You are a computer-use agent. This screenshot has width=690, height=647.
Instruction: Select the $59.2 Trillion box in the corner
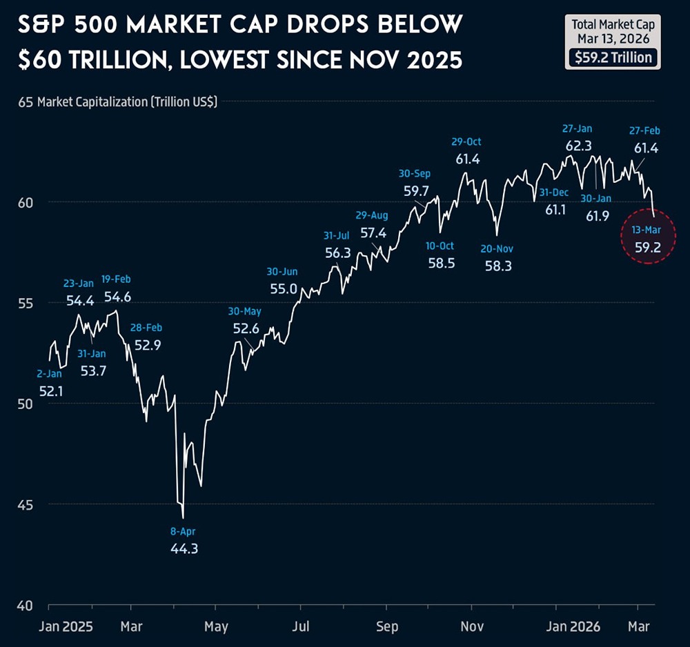click(613, 58)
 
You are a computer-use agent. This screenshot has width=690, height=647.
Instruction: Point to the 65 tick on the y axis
click(26, 102)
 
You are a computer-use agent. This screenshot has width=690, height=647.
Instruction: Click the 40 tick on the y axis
click(26, 606)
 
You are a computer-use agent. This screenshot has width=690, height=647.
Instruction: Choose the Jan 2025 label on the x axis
click(67, 626)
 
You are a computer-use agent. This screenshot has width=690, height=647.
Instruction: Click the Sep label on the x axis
click(387, 626)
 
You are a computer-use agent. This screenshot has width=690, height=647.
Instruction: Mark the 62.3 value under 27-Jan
click(578, 146)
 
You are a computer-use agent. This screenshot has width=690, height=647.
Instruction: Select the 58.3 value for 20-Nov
click(498, 266)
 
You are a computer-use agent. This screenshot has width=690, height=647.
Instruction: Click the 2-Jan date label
click(48, 374)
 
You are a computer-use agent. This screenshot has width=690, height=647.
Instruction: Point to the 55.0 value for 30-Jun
click(283, 289)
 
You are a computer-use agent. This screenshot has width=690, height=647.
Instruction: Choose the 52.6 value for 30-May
click(246, 329)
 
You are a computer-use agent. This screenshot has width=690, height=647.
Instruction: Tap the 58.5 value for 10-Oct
click(441, 263)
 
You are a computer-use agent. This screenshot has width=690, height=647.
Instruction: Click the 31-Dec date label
click(554, 192)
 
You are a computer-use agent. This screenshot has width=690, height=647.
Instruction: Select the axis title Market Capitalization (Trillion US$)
click(127, 102)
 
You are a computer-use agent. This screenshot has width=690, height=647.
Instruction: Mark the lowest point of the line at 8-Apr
click(183, 518)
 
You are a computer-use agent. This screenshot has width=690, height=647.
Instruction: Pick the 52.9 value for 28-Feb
click(148, 346)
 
